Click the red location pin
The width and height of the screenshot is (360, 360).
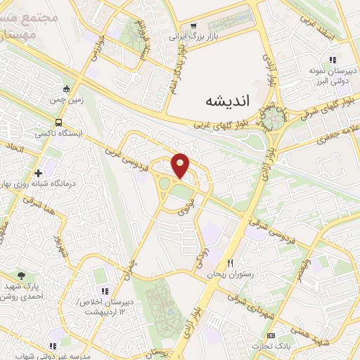[181, 165]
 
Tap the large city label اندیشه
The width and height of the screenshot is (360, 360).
[226, 100]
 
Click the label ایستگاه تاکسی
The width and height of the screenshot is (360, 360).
[59, 131]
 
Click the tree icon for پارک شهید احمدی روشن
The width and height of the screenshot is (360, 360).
[23, 275]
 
